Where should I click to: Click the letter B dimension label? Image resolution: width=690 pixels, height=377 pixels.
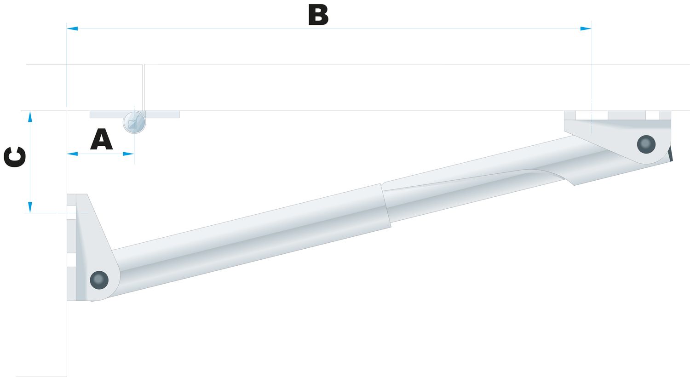318,16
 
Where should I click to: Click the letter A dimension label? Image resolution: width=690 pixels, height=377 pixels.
101,139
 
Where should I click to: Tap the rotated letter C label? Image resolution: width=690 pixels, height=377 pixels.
15,157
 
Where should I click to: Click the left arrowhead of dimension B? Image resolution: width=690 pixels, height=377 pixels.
72,29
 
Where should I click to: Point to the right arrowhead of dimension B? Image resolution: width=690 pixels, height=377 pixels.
586,29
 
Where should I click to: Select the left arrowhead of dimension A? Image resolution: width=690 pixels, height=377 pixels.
72,154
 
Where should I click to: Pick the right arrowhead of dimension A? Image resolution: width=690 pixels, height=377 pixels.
128,154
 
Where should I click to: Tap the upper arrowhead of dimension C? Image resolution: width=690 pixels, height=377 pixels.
30,117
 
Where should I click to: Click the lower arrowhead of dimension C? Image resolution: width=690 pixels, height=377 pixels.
30,207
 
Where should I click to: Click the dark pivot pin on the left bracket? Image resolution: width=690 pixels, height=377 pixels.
99,280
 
